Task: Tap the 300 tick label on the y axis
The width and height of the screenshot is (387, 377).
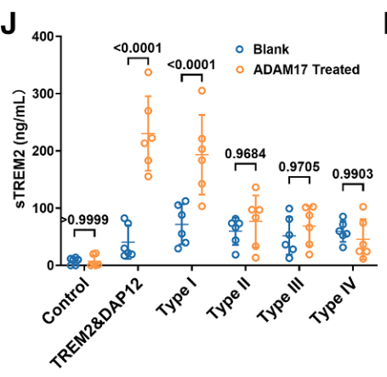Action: click(x=42, y=94)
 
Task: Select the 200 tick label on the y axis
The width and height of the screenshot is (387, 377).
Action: click(x=42, y=151)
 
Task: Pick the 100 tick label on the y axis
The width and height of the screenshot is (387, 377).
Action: click(x=42, y=208)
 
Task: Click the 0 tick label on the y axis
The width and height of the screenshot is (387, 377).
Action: click(x=49, y=265)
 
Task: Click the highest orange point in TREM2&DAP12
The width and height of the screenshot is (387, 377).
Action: click(x=148, y=72)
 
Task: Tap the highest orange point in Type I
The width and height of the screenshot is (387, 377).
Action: click(x=202, y=90)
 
